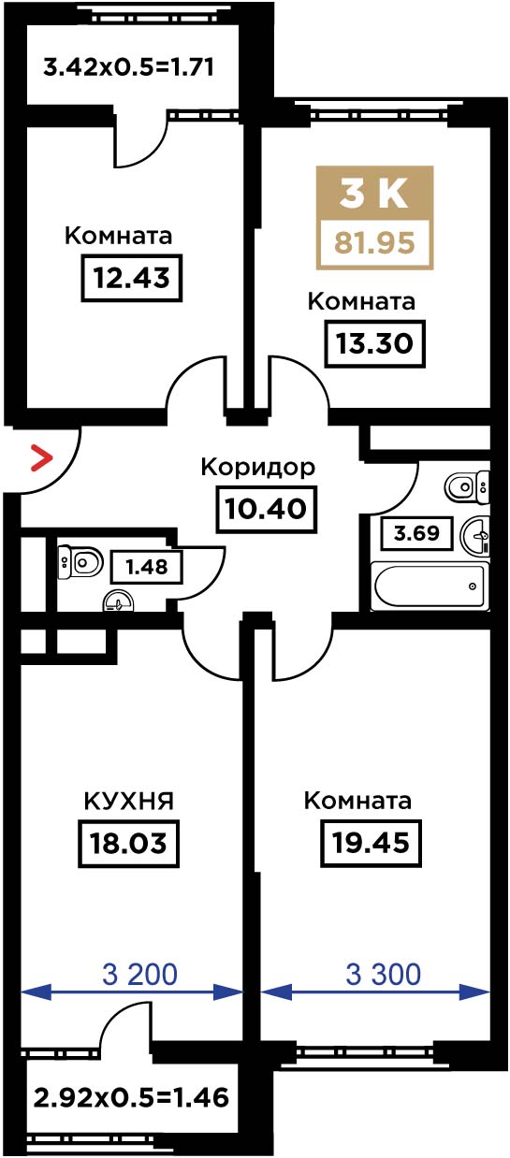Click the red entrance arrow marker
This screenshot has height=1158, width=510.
pos(42,457)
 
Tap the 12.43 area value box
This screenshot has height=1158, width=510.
pos(131,278)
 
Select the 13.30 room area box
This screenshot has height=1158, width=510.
pos(374,343)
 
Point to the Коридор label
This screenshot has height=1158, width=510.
pos(257,469)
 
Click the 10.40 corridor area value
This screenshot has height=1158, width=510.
pos(266,509)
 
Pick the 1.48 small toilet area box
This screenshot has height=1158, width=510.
pos(147,567)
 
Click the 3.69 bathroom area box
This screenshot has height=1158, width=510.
pos(416,532)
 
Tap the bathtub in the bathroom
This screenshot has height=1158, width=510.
pos(430,586)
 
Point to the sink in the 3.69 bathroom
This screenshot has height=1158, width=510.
pos(474,536)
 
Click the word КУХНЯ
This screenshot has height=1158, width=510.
pos(129,802)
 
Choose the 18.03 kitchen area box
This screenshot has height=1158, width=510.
pos(128,843)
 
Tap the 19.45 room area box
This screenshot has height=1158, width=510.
pos(372,843)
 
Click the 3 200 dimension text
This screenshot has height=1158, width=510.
pos(139,974)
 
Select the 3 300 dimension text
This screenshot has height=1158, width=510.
pos(383,974)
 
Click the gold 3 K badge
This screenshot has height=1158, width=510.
pos(374,194)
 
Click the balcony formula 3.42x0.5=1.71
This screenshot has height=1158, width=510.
pos(129,67)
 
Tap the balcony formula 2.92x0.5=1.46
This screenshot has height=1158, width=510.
pos(131,1098)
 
